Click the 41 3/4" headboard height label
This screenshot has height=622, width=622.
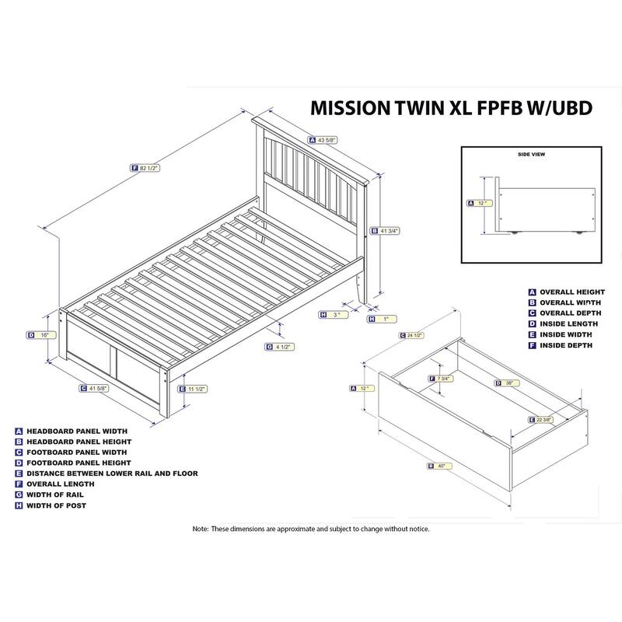click(386, 230)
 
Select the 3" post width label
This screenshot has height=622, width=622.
click(334, 315)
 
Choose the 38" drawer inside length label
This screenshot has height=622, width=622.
click(508, 383)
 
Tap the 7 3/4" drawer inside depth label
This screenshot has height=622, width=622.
click(442, 379)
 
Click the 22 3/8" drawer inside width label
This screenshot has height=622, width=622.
click(544, 420)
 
